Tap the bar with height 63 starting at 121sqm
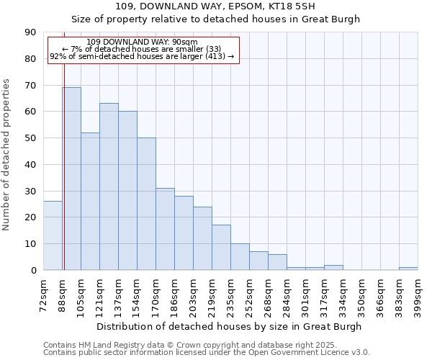tap(109, 186)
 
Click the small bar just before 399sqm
tap(408, 269)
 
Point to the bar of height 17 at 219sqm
tap(221, 248)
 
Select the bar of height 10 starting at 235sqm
tap(240, 257)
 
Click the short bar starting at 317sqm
tap(333, 267)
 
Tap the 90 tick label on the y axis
tap(30, 32)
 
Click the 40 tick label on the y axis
tap(30, 165)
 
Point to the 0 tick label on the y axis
tap(33, 271)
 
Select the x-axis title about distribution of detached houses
tap(230, 326)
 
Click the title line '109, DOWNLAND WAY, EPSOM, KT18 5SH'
tap(215, 6)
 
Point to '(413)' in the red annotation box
tap(212, 56)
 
